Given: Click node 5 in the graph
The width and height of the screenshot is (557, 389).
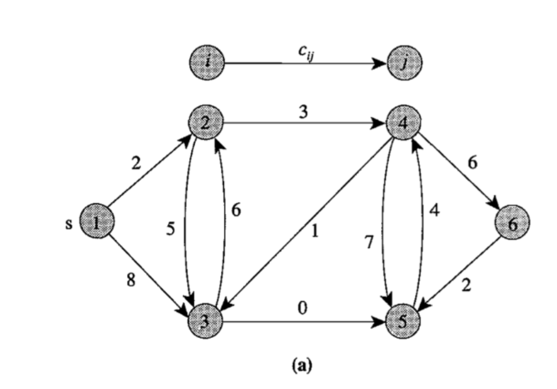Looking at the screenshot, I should click(x=403, y=321).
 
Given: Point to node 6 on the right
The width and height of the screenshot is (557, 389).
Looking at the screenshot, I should click(x=514, y=222).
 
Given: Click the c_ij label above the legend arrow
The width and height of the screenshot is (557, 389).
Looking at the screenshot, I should click(x=307, y=52).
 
